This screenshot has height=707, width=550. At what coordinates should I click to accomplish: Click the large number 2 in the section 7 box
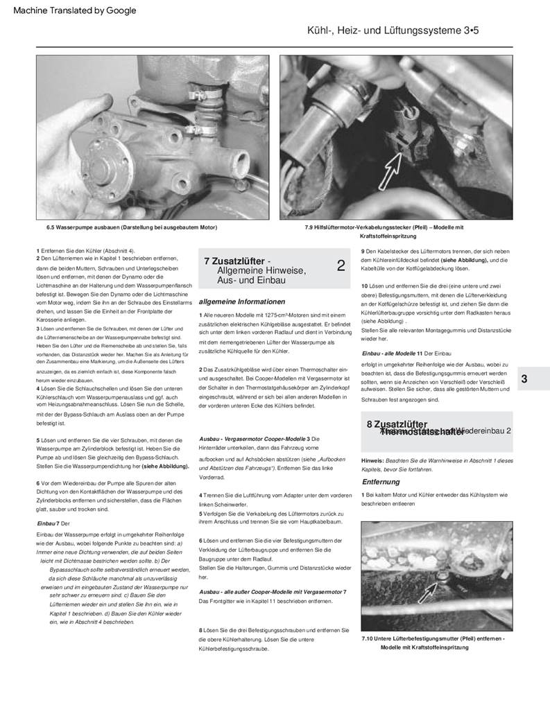[x=341, y=265]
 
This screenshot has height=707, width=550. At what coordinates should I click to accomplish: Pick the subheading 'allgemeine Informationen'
[x=241, y=302]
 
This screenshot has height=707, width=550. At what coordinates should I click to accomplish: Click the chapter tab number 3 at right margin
[x=524, y=378]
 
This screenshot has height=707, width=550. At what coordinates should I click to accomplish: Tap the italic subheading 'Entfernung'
[x=380, y=482]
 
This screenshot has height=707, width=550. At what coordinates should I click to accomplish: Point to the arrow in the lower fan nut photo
[x=430, y=589]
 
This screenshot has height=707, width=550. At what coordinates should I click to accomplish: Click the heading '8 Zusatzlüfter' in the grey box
[x=397, y=424]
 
